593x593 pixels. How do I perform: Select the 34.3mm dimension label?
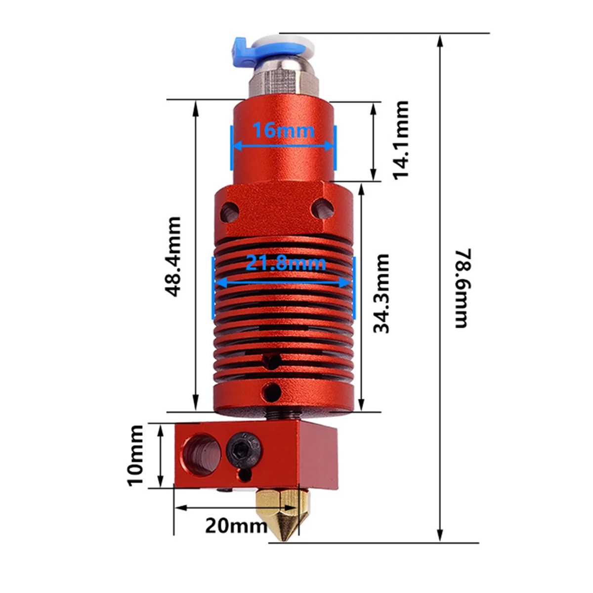pyautogui.click(x=381, y=293)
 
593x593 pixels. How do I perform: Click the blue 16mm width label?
pyautogui.click(x=283, y=131)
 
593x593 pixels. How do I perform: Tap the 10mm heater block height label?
pyautogui.click(x=135, y=455)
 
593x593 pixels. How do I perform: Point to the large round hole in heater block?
pyautogui.click(x=198, y=451)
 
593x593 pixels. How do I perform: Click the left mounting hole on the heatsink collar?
pyautogui.click(x=229, y=210)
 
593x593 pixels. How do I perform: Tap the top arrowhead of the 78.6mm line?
pyautogui.click(x=440, y=40)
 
